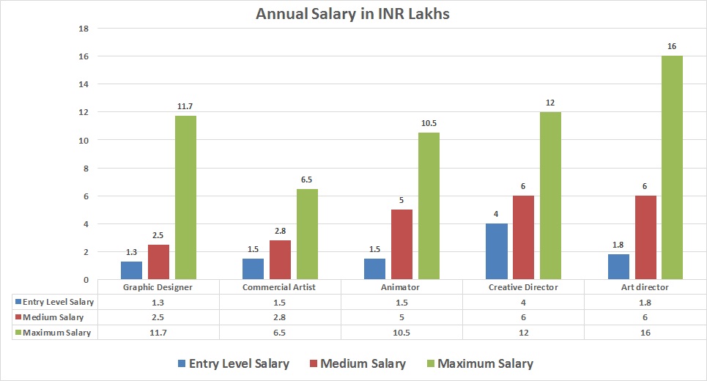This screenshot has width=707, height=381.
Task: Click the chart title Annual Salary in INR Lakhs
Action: tap(352, 14)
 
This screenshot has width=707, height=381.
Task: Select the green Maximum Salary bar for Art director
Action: tap(672, 168)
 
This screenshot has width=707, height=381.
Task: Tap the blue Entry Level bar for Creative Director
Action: tap(497, 251)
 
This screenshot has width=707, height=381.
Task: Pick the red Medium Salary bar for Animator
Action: tap(401, 245)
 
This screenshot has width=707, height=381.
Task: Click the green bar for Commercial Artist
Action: tap(307, 234)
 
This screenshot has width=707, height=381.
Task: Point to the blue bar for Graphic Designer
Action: tap(131, 270)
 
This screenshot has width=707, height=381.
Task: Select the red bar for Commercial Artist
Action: tap(280, 260)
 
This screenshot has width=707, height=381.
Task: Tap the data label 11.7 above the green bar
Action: tap(185, 106)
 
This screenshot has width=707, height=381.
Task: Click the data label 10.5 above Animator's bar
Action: tap(429, 123)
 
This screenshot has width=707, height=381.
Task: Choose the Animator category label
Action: tap(401, 287)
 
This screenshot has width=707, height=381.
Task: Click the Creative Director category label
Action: tap(523, 287)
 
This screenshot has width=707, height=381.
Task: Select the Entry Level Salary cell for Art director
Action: tap(645, 302)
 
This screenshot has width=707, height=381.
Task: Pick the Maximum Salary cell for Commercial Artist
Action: tap(280, 332)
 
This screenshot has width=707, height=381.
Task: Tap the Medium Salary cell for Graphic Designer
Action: tap(158, 317)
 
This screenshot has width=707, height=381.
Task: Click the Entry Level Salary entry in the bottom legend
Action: tap(232, 363)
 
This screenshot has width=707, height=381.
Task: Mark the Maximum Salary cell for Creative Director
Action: tap(523, 332)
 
